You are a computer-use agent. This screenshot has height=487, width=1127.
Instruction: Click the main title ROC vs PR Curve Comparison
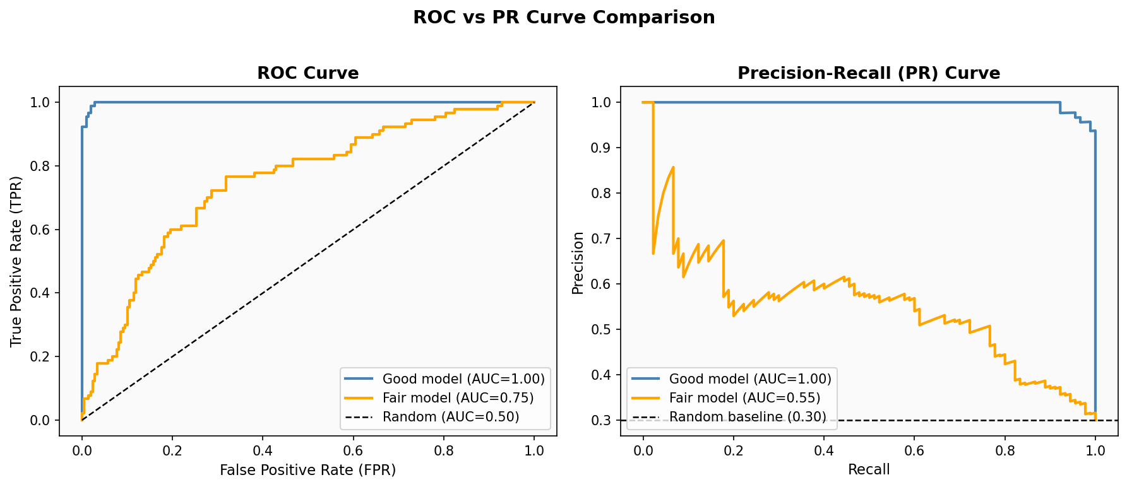[563, 18]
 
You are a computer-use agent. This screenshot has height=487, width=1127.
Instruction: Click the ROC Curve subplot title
[307, 73]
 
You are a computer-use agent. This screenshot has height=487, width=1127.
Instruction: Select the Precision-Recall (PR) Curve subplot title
[868, 73]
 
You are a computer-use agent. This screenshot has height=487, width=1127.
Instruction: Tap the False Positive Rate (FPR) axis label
[307, 470]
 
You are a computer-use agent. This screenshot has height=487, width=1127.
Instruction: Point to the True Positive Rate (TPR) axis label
[16, 261]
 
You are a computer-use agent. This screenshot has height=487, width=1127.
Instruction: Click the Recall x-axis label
[868, 470]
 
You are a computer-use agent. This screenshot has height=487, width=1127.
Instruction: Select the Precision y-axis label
[578, 262]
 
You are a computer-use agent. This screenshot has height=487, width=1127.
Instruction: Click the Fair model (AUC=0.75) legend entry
[458, 398]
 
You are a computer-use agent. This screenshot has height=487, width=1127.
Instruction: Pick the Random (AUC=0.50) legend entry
[450, 417]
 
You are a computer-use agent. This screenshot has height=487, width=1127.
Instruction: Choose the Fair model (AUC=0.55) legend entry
[744, 398]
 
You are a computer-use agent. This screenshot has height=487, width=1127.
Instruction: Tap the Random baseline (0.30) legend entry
[747, 417]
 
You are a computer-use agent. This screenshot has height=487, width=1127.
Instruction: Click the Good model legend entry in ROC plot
[463, 379]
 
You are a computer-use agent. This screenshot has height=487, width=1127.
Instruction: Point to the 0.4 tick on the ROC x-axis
[263, 450]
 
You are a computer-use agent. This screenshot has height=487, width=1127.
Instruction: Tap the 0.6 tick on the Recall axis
[914, 450]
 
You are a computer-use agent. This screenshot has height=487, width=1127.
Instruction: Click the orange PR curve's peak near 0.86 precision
[673, 167]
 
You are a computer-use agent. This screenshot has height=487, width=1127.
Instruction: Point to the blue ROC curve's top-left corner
[95, 102]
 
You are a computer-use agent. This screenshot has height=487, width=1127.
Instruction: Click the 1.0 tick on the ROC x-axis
[534, 450]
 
